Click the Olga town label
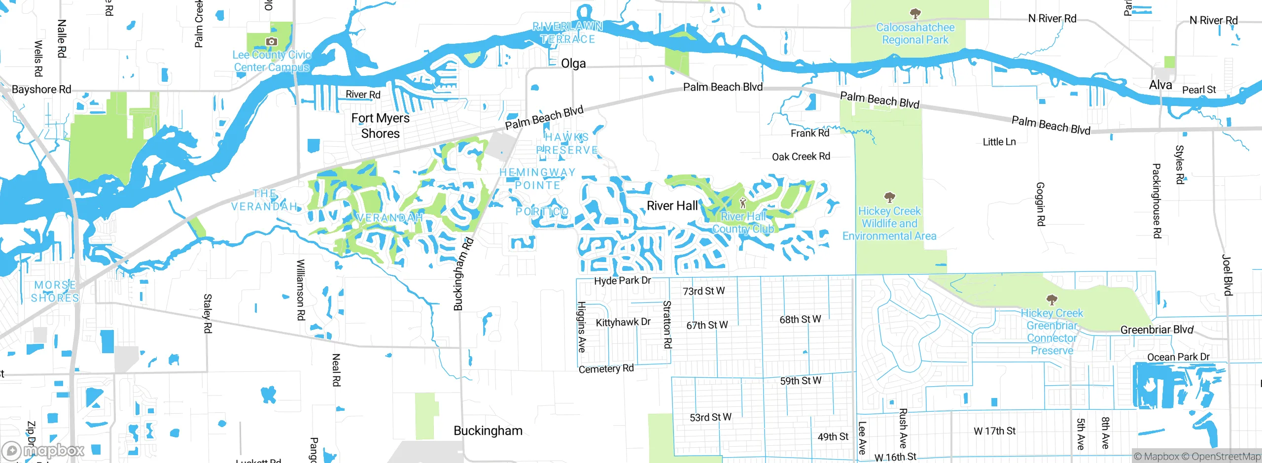(573, 64)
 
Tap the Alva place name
(1160, 85)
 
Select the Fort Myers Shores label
(380, 126)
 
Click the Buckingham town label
(488, 431)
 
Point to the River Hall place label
(672, 206)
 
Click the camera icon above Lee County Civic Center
(271, 42)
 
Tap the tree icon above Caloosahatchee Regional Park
(915, 13)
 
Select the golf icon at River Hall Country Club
(743, 203)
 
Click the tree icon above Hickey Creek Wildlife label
(889, 198)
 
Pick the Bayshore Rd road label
(41, 90)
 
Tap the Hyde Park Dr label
(622, 281)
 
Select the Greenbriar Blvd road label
(1157, 330)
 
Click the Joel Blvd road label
(1227, 275)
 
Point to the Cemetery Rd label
(606, 369)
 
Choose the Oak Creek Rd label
(801, 157)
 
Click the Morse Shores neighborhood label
(55, 292)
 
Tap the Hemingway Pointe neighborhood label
(537, 179)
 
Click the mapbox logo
(43, 451)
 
